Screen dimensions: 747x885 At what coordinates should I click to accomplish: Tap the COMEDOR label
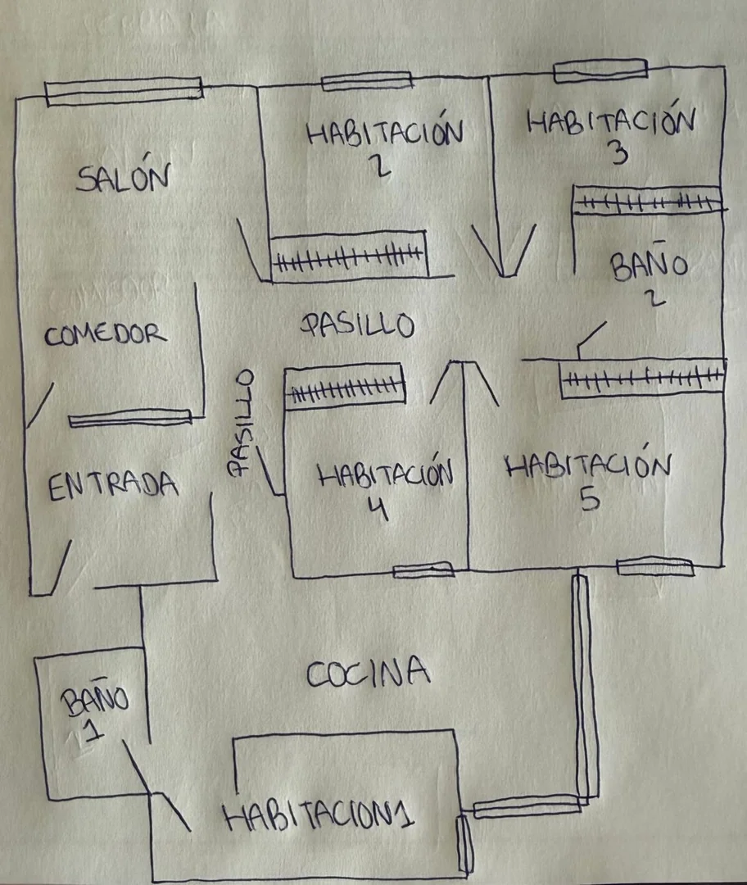pos(106,334)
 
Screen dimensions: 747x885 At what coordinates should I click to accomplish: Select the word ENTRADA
pos(113,486)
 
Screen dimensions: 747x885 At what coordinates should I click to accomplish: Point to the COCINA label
pos(367,672)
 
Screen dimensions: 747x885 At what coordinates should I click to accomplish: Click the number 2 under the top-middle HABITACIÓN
pos(380,166)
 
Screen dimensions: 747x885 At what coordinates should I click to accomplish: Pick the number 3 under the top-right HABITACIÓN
pos(619,152)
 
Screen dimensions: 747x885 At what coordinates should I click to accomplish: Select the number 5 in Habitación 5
pos(591,498)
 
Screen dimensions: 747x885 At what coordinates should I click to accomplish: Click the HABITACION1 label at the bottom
pos(319,815)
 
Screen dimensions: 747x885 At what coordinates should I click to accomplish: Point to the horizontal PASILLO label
pos(358,324)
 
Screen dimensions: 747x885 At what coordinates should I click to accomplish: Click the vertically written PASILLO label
pos(241,424)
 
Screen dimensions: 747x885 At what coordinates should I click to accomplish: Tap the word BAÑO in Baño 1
pos(95,701)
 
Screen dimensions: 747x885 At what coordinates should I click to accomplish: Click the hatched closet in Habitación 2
pos(348,255)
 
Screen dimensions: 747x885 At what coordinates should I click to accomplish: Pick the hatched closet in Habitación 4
pos(345,386)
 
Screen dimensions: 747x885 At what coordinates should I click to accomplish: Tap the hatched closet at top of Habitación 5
pos(642,378)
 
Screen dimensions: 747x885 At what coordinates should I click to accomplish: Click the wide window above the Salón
pos(124,92)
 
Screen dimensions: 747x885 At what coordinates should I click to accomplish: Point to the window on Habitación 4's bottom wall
pos(423,570)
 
